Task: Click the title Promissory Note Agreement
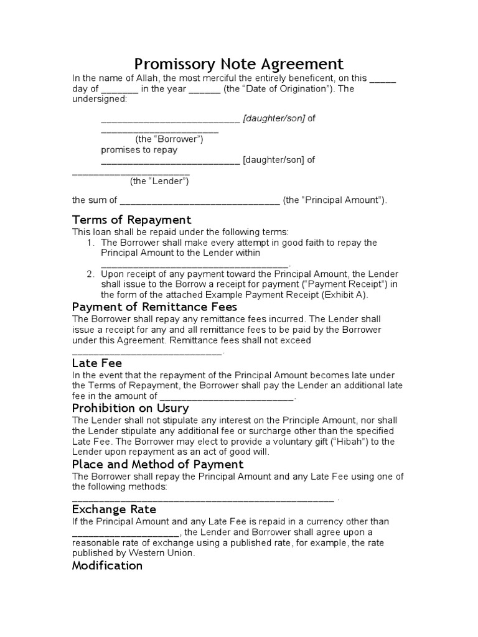coord(239,64)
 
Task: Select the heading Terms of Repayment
coord(132,220)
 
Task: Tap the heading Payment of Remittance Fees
coord(155,307)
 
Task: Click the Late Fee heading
coord(97,363)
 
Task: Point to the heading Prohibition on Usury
coord(131,408)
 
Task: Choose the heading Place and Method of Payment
coord(158,464)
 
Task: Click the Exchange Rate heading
coord(114,509)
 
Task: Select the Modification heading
coord(108,565)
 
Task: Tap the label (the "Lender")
coord(159,181)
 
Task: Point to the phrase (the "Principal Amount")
coord(334,200)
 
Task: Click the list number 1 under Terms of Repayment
coord(90,243)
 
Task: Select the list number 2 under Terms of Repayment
coord(90,274)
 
